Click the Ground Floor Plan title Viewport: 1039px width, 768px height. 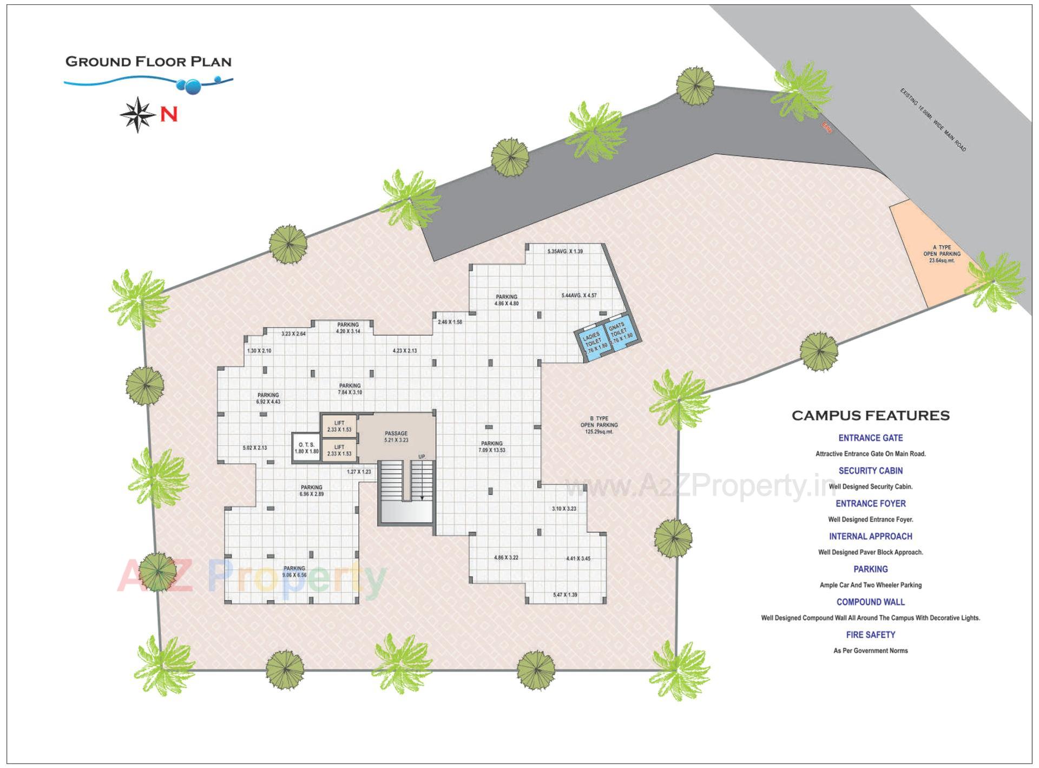pos(148,62)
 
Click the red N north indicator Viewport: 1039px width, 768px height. pos(168,115)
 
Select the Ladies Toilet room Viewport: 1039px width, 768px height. pos(593,343)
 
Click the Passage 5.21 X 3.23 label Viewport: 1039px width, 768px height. pos(396,437)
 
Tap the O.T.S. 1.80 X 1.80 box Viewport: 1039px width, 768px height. pos(306,448)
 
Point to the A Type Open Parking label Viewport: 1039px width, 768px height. pos(942,254)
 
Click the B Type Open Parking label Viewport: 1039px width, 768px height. pos(599,425)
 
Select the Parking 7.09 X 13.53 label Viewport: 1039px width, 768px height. pos(491,447)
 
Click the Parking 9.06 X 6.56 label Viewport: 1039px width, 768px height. pos(294,572)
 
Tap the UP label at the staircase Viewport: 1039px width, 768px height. pos(422,457)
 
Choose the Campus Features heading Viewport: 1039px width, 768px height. pos(870,416)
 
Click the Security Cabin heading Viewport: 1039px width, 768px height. pos(870,471)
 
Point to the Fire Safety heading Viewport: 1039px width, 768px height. pos(870,635)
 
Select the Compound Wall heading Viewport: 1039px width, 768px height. pos(870,602)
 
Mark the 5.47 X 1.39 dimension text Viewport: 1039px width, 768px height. pos(564,595)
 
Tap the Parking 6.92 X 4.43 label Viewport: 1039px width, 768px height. pos(268,398)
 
